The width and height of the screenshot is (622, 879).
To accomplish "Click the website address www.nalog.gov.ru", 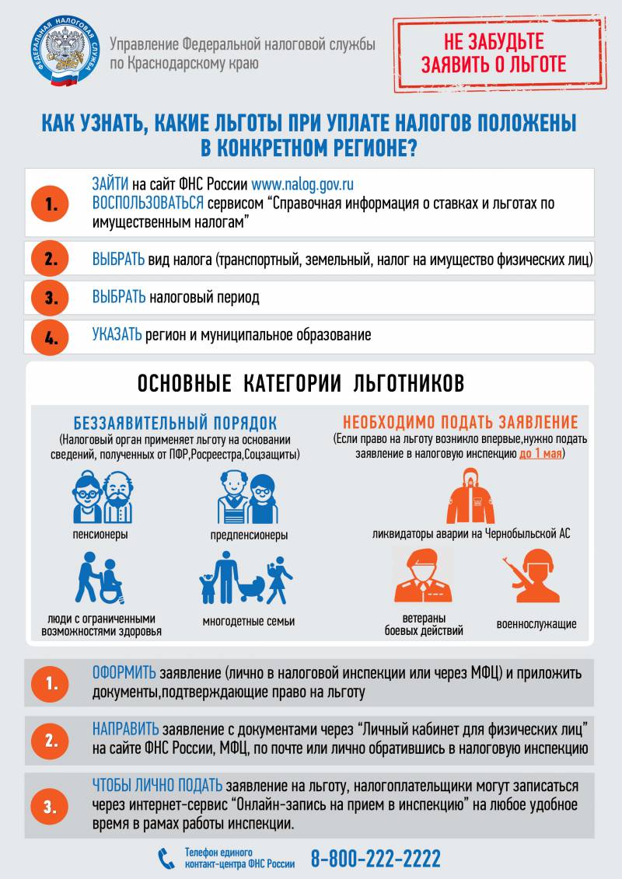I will click(x=302, y=184).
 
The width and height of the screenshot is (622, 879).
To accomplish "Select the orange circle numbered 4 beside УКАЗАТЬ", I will click(x=51, y=338).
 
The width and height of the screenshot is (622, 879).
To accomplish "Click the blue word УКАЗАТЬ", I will click(x=117, y=335).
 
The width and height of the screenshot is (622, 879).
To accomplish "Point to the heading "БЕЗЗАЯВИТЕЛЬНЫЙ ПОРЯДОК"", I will click(x=175, y=423).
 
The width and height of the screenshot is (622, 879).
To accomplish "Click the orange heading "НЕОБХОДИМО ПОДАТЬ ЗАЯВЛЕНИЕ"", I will click(x=460, y=423).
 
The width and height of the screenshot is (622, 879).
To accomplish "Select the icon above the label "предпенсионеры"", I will click(x=248, y=498).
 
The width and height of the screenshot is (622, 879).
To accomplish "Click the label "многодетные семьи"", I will click(x=248, y=621).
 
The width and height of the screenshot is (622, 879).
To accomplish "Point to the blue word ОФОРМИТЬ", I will click(x=124, y=673).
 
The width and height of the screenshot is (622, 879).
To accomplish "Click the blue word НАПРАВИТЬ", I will click(x=125, y=729).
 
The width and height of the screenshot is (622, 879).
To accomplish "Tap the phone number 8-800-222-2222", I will click(x=376, y=859).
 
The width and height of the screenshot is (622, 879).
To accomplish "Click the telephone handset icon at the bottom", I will click(x=166, y=858).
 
